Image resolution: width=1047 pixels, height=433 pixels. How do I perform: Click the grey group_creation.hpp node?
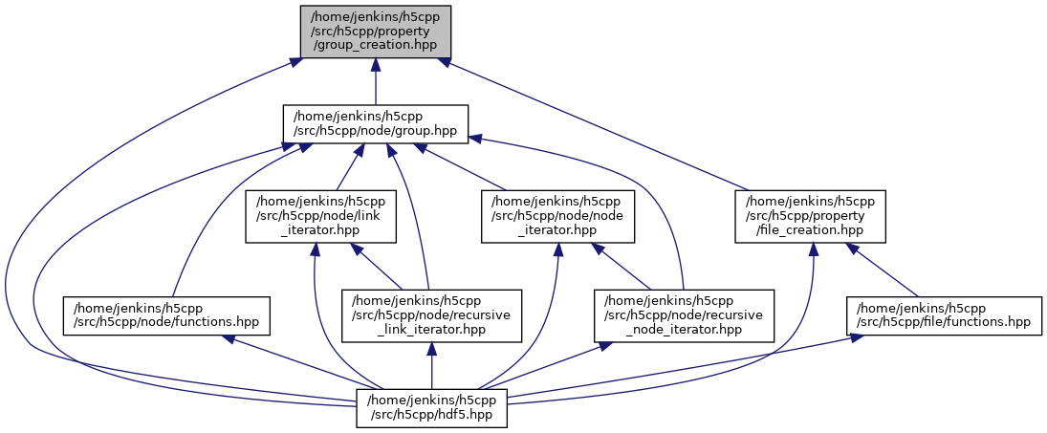click(x=375, y=31)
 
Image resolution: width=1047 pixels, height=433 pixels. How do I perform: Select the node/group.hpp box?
click(x=375, y=124)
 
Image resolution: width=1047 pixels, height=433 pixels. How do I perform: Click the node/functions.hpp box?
click(x=166, y=315)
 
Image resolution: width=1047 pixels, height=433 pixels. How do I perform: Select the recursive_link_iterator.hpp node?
click(x=432, y=315)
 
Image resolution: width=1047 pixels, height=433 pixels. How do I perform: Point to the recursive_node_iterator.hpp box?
click(x=683, y=315)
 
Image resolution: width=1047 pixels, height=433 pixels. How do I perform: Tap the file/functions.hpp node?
click(x=944, y=315)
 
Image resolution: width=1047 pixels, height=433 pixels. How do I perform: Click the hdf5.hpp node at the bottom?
click(x=432, y=408)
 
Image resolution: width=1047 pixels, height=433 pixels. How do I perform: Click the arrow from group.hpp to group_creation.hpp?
click(x=375, y=81)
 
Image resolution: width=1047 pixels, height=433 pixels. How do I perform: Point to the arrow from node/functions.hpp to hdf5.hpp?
click(x=296, y=362)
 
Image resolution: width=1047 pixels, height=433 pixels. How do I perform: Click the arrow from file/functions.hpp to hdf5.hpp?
click(x=688, y=369)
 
